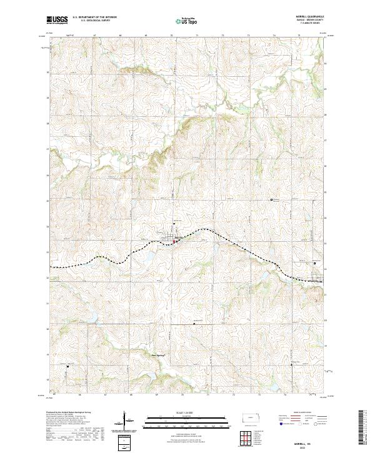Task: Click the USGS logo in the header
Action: point(57,21)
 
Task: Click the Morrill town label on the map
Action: point(178,237)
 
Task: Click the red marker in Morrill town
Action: point(174,241)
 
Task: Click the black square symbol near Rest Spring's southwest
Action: point(68,366)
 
